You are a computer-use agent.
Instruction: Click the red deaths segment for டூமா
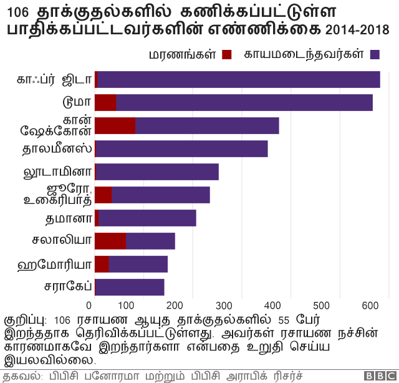tap(105, 102)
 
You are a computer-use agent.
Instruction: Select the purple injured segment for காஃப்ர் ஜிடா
tap(239, 79)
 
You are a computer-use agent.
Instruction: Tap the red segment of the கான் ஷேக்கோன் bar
tap(115, 125)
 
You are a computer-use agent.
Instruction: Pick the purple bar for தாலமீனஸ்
tap(181, 148)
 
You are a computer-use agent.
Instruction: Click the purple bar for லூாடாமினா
tap(157, 172)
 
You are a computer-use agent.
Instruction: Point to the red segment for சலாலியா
tap(110, 241)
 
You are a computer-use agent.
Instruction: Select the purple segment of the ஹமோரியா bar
tap(138, 264)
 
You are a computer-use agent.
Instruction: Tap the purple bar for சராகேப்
tap(130, 287)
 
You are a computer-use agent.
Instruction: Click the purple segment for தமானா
tap(147, 218)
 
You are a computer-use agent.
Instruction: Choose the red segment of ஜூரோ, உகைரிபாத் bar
tap(103, 195)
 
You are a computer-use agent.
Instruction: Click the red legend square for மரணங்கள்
tap(226, 55)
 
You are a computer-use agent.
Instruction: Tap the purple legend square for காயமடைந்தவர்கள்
tap(375, 55)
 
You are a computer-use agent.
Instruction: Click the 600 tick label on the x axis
tap(371, 305)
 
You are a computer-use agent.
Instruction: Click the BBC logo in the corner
tap(376, 376)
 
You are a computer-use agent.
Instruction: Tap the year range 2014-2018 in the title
tap(357, 30)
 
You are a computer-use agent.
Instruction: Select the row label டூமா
tap(77, 102)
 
